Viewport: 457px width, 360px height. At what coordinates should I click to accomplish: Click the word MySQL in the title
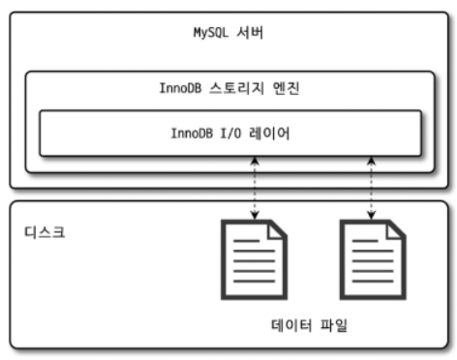(x=211, y=33)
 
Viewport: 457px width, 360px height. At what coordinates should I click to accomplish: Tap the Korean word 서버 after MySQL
(x=250, y=33)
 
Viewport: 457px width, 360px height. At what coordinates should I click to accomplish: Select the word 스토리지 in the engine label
(x=237, y=88)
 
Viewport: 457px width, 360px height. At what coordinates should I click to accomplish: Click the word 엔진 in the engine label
(x=286, y=88)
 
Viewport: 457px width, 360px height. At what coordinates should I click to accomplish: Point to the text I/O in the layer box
(x=230, y=134)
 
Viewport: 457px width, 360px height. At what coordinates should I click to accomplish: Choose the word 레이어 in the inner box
(x=269, y=134)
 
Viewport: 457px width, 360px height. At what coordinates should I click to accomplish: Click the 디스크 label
(x=45, y=232)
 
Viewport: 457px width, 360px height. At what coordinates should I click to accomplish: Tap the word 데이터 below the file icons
(x=291, y=325)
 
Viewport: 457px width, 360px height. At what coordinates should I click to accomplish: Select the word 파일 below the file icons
(x=334, y=325)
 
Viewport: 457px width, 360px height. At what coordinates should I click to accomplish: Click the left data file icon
(x=254, y=259)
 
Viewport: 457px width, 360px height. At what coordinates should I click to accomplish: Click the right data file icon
(x=373, y=259)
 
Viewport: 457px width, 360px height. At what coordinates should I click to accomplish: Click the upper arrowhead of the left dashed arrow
(x=255, y=161)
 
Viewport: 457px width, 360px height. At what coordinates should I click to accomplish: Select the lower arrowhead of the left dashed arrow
(x=255, y=215)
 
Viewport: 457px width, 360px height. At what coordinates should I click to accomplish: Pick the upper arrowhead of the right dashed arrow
(x=372, y=161)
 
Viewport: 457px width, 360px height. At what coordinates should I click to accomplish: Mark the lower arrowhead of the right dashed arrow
(x=372, y=215)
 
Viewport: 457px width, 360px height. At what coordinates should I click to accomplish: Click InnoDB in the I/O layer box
(x=192, y=134)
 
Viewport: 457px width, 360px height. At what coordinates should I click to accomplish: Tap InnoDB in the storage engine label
(x=180, y=88)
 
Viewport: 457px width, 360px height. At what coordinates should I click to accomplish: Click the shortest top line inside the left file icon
(x=246, y=241)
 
